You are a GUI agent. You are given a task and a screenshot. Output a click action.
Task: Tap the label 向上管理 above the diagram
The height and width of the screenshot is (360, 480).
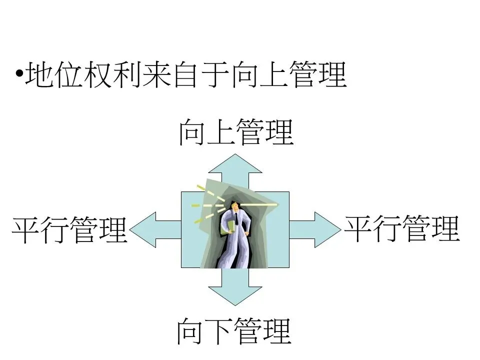[235, 131]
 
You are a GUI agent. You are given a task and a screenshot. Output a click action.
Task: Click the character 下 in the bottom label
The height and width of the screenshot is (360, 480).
[219, 330]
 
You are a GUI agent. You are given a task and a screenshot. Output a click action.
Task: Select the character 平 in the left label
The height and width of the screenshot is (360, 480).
[26, 230]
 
